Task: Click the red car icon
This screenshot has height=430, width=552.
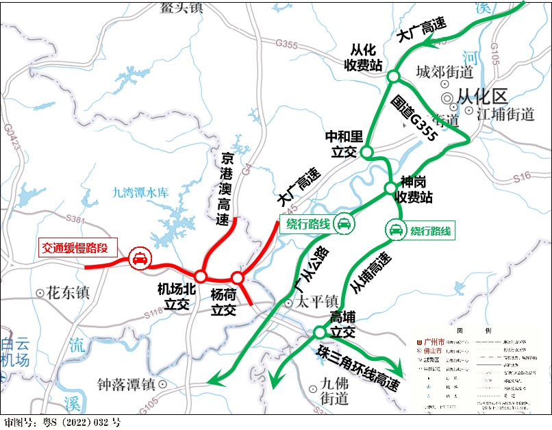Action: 139,258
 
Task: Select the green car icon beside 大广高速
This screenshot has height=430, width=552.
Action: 344,224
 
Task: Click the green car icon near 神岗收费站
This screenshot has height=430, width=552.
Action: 396,230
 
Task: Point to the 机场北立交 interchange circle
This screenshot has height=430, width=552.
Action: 201,275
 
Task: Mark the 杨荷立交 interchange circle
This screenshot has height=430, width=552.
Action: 237,277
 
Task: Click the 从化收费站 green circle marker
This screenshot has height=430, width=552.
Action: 394,76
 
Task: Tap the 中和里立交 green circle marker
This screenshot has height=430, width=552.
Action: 366,151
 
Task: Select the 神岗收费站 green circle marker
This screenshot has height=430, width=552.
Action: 389,187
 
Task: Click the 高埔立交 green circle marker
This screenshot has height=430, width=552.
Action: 319,332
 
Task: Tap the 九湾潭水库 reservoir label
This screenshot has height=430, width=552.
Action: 140,194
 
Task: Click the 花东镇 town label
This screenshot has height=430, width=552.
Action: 62,293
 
